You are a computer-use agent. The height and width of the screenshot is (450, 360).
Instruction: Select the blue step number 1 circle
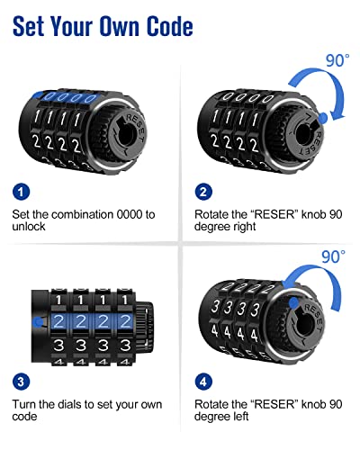coord(22,192)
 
